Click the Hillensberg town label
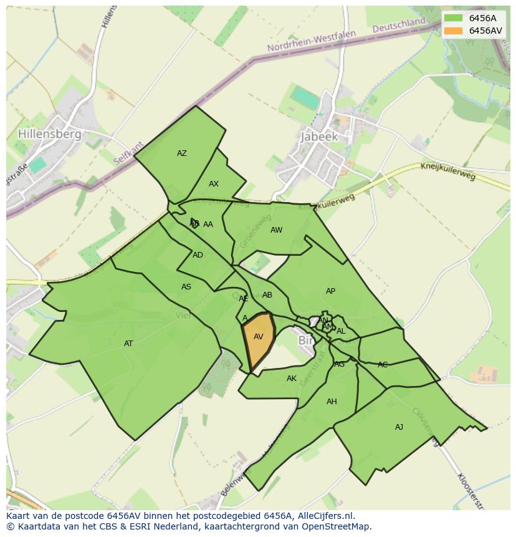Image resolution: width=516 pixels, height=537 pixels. (50, 134)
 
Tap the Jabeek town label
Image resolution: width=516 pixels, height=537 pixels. (318, 137)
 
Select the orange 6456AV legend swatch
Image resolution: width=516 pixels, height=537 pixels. (454, 31)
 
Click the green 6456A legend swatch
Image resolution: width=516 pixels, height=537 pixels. (454, 18)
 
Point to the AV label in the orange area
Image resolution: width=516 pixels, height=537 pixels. (259, 337)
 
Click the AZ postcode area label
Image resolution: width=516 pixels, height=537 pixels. (182, 153)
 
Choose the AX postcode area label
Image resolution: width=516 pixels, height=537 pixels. (214, 184)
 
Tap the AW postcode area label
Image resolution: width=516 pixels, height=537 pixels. (276, 230)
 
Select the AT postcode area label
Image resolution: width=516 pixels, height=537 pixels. (128, 344)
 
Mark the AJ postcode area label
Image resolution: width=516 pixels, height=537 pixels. (399, 427)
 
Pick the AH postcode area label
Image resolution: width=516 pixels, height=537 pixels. (332, 402)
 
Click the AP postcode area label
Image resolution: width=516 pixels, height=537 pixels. (330, 291)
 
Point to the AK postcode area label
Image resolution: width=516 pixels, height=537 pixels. (292, 379)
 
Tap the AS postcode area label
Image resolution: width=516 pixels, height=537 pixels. (186, 287)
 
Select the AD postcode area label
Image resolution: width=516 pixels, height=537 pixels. (198, 255)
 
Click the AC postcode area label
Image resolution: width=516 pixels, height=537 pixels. (383, 365)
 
